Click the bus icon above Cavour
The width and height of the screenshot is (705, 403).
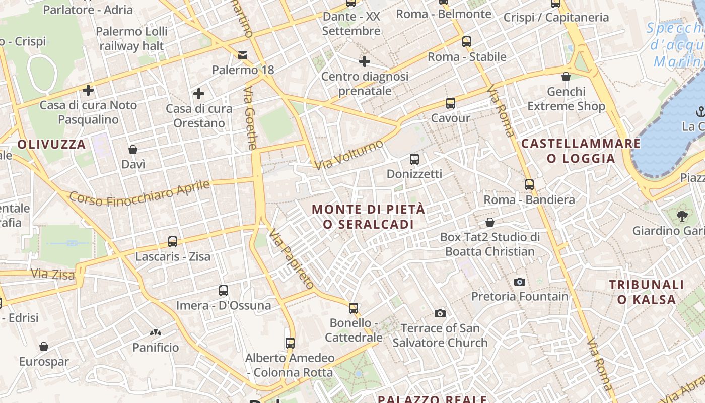point(451,103)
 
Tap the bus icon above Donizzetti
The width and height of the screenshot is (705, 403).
point(414,159)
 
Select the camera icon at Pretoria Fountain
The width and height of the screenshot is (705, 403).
point(520,282)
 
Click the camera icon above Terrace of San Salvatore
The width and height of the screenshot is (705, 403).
point(440,313)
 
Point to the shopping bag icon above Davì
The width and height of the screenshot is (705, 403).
point(133,150)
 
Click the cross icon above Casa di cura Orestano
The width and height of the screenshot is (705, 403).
point(199,94)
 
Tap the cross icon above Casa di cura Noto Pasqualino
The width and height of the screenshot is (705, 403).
point(88,90)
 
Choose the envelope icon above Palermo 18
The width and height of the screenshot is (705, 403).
point(243,55)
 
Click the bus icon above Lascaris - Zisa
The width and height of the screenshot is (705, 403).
point(173,242)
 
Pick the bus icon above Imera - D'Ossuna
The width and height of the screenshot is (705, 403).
point(224,291)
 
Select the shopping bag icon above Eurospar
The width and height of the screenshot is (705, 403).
point(44,347)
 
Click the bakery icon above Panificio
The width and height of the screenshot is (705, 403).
point(155,332)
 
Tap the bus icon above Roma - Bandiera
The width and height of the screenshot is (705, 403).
point(529,185)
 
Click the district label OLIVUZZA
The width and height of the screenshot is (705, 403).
point(51,144)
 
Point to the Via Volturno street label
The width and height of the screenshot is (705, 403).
point(348,155)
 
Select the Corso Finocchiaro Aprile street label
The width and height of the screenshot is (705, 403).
point(139,193)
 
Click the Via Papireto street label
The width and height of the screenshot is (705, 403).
point(292,259)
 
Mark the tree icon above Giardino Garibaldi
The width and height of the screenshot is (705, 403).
point(682,216)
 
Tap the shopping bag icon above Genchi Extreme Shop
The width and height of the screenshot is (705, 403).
point(566,77)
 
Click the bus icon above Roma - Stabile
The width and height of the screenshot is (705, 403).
point(467,42)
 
